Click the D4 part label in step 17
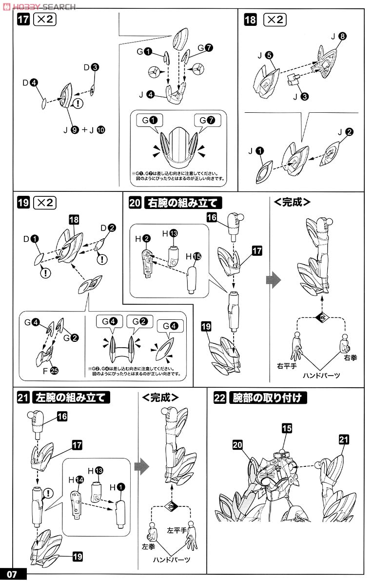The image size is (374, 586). (30, 83)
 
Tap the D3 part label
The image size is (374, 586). (91, 67)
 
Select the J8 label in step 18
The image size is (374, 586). (338, 36)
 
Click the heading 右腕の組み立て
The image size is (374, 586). (180, 202)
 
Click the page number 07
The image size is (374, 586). (12, 574)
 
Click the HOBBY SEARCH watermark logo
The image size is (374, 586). (39, 6)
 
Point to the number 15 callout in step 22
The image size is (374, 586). (287, 428)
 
